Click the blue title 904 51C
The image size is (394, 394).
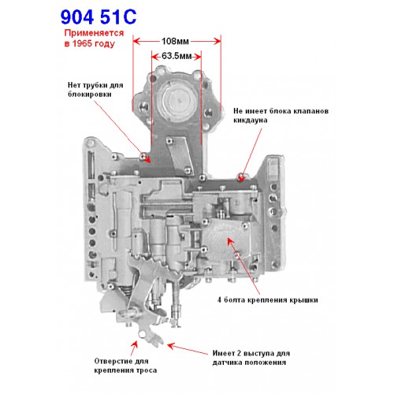coord(98,17)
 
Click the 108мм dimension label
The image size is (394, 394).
coord(175,41)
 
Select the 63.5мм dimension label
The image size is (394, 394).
coord(177,56)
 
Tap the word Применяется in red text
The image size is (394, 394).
coord(94,33)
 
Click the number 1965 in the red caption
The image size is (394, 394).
coord(82,43)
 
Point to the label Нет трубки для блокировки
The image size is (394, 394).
coord(95,90)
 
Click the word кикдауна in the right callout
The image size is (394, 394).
coord(251,121)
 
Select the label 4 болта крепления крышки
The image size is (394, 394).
coord(268,300)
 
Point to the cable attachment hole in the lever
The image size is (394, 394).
coord(142,333)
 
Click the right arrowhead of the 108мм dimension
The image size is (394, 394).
coord(217,41)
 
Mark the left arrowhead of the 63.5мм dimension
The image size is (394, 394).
coord(155,56)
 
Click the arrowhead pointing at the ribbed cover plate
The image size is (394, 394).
coord(230,241)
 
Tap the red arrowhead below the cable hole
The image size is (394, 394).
coord(135,344)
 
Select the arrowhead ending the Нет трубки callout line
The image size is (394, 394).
coord(147,159)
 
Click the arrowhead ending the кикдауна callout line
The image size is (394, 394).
coord(242,178)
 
